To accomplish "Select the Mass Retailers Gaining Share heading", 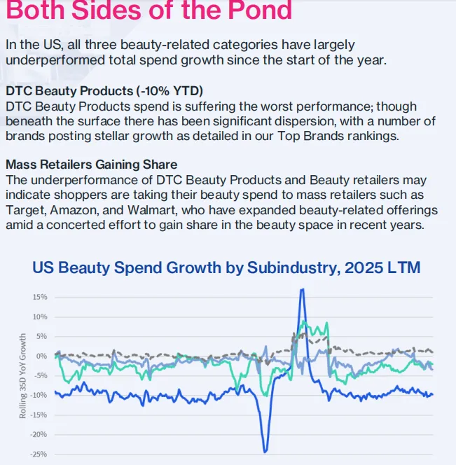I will [x=92, y=165].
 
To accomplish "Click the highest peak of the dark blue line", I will [x=302, y=289].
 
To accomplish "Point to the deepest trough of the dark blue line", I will [x=265, y=450].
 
